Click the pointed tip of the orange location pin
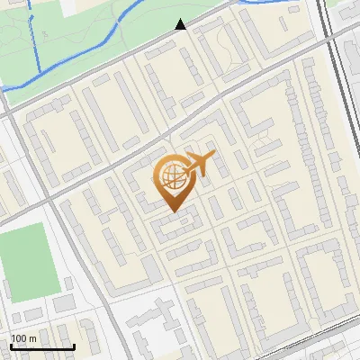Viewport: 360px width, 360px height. click(x=172, y=211)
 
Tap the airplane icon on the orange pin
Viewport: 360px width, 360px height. click(x=199, y=166)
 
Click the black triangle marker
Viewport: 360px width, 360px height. click(x=181, y=24)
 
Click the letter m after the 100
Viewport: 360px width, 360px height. click(x=34, y=338)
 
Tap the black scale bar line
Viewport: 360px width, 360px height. click(x=41, y=346)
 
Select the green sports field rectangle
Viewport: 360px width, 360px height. click(x=27, y=263)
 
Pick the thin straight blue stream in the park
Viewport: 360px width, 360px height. click(x=38, y=45)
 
